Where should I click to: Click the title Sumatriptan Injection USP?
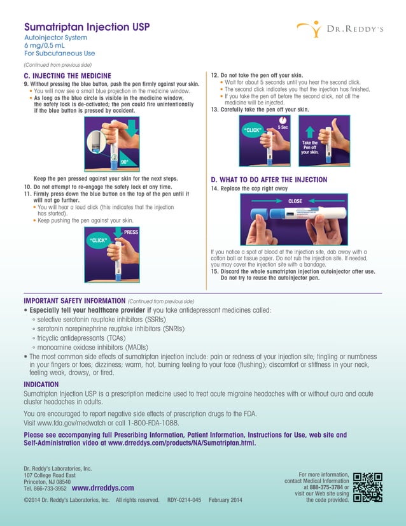coord(86,28)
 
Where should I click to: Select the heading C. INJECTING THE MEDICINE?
coord(67,76)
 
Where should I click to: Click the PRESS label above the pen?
coord(131,232)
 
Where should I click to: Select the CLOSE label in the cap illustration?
coord(295,201)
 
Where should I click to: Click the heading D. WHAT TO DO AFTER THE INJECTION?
coord(269,180)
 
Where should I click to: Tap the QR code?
coord(368,487)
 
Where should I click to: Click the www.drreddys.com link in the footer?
coord(104,488)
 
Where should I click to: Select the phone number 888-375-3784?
coord(327,487)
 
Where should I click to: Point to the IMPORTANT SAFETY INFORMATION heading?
coord(74,300)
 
